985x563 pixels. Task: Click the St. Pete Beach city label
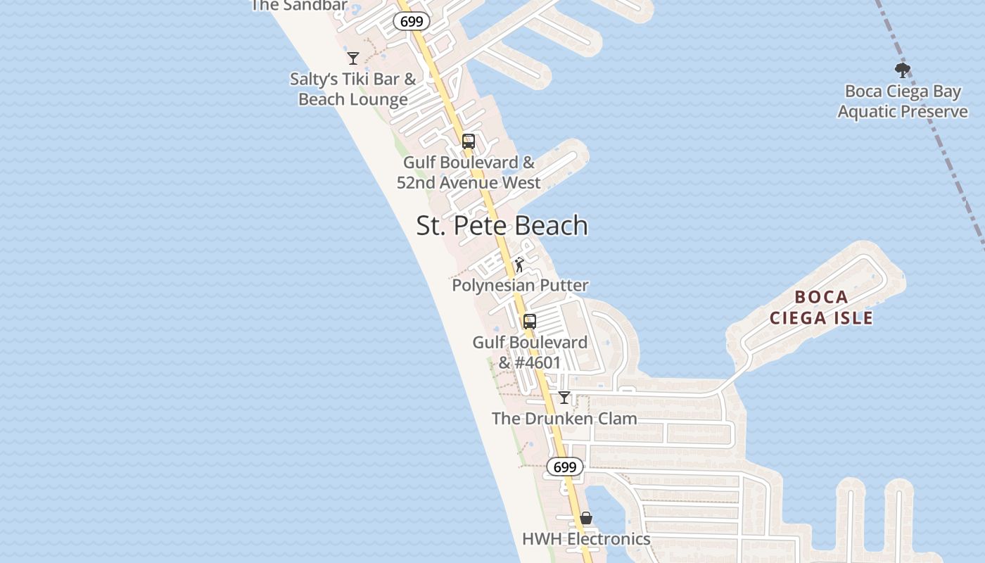point(502,226)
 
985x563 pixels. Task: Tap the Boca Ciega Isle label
point(821,308)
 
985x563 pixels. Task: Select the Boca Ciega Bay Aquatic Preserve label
point(903,101)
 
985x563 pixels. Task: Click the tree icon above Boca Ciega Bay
point(902,70)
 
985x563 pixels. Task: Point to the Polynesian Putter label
point(520,285)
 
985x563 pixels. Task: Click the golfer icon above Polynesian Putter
point(519,265)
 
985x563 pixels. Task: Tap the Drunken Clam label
point(564,418)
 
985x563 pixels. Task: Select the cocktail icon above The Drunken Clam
point(564,398)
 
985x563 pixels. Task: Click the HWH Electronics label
point(586,539)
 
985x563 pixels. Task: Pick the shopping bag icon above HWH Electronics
point(586,519)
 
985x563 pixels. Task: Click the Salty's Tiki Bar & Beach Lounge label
point(353,89)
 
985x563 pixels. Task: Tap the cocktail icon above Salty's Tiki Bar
point(353,58)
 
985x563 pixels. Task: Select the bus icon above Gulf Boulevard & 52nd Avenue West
point(469,141)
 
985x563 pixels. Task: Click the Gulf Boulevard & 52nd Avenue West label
point(469,172)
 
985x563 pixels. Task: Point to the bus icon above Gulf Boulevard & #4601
point(530,322)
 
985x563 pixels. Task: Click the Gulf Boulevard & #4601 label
point(530,353)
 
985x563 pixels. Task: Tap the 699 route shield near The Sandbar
point(412,21)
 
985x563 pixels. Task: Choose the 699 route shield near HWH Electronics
point(565,467)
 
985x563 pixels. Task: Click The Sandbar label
point(299,6)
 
